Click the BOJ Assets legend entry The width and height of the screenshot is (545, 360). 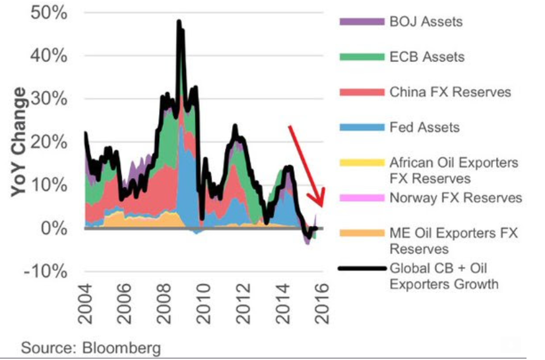coord(426,21)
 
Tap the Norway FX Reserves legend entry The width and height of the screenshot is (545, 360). coord(455,197)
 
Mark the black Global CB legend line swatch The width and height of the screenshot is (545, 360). coord(361,268)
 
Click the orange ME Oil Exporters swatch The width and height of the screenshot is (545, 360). coord(361,233)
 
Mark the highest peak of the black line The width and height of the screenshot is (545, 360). coord(179,22)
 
